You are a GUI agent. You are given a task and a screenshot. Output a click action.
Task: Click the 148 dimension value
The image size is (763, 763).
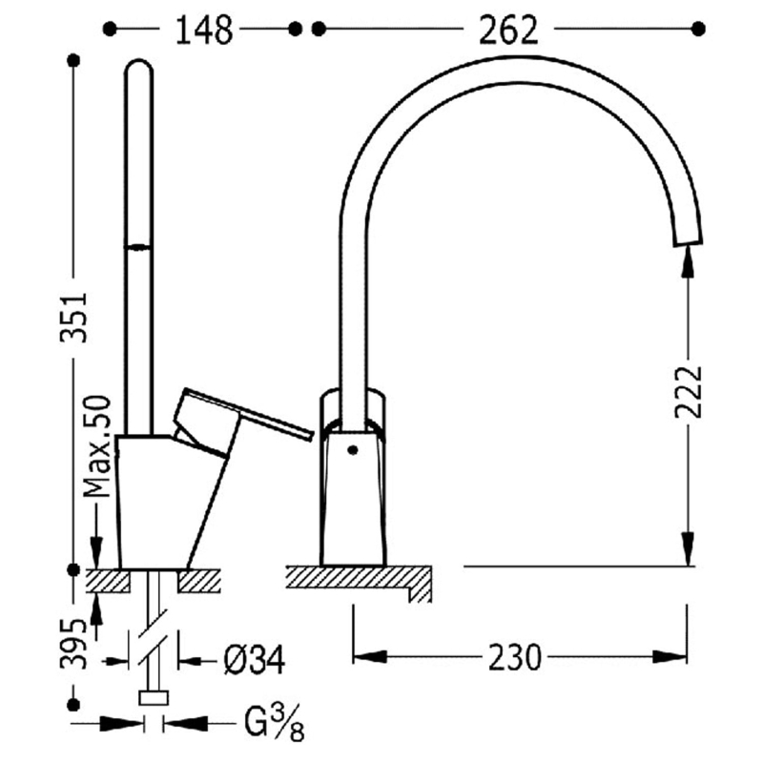point(204,31)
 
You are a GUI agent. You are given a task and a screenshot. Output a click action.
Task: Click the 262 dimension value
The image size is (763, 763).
point(508,31)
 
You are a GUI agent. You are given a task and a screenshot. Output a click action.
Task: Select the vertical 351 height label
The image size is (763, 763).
point(73,318)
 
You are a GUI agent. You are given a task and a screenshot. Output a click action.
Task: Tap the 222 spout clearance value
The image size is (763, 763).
point(689,393)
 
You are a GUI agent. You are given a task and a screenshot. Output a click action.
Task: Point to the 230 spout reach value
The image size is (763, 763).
point(514,657)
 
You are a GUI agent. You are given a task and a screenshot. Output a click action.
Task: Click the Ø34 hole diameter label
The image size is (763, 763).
point(254,660)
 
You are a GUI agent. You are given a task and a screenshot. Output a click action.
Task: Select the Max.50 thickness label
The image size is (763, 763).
point(97,446)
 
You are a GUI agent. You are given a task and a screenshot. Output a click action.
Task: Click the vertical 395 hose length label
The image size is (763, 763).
point(73,644)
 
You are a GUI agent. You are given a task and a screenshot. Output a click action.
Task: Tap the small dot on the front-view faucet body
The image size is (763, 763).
point(353,450)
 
